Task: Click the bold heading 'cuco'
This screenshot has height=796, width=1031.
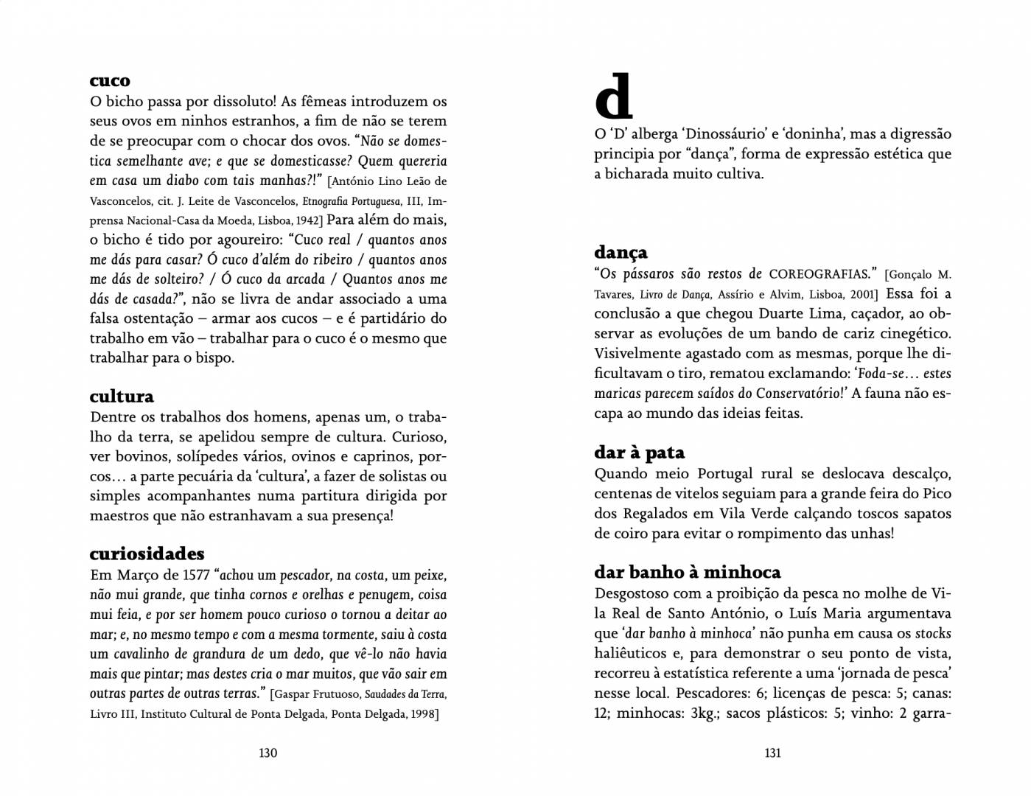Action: pos(110,81)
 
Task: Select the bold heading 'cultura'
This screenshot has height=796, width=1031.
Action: pos(122,397)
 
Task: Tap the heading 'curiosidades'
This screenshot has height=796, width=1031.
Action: pos(147,554)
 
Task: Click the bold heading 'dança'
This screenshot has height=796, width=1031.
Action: pos(621,253)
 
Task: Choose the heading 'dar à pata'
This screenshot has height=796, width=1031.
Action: pos(639,453)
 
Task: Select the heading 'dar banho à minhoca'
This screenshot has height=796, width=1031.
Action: pos(687,573)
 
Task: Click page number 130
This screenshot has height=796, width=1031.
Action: pos(268,753)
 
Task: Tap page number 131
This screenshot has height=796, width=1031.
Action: pos(772,753)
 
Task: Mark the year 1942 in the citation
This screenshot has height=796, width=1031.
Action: pos(307,220)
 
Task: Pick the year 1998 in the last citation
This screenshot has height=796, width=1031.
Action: pos(423,714)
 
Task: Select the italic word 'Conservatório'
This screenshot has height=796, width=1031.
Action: pos(797,394)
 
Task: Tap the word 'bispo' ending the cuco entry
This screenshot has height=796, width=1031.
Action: pos(214,358)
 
